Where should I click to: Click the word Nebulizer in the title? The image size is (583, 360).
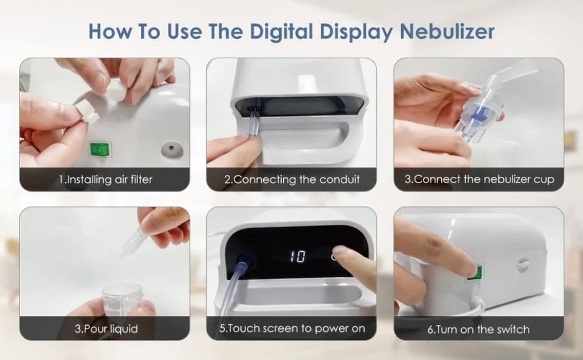[x=447, y=31]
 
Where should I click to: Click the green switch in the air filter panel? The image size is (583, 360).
[x=100, y=150]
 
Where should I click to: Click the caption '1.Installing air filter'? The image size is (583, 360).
[x=106, y=180]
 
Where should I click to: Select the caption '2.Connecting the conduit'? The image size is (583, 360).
[x=292, y=180]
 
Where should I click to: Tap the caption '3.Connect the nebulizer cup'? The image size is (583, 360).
[x=479, y=179]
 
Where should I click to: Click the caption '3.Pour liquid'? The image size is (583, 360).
[x=106, y=329]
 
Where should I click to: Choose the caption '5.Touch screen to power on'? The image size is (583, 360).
[x=292, y=328]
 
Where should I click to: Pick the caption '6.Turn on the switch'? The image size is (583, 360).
[x=478, y=329]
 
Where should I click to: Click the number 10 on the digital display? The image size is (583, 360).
[x=298, y=256]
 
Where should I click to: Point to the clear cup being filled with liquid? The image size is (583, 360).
[x=122, y=300]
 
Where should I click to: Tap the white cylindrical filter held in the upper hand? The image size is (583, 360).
[x=117, y=89]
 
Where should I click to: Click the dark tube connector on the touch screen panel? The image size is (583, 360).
[x=245, y=260]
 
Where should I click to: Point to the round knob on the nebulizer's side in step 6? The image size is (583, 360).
[x=523, y=265]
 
